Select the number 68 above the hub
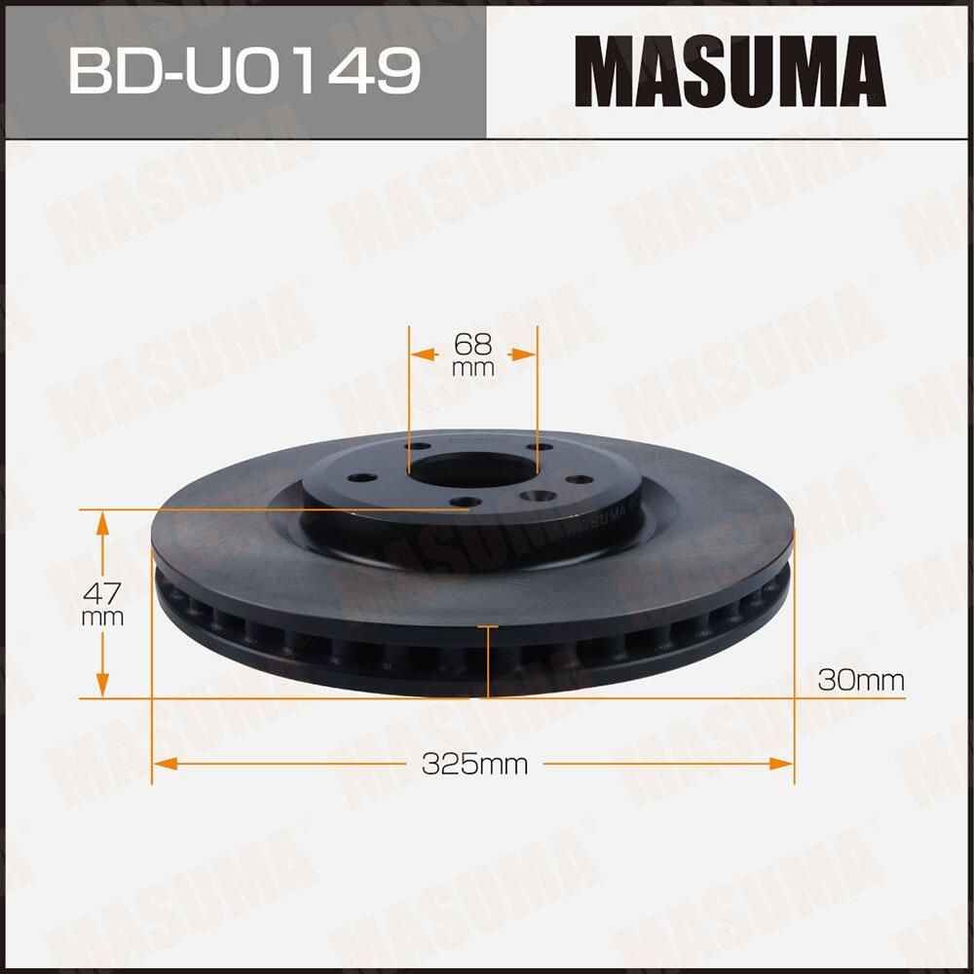[x=473, y=344]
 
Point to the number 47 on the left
[x=102, y=591]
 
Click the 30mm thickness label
[x=861, y=680]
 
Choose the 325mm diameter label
[x=474, y=765]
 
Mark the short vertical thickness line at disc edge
[x=486, y=661]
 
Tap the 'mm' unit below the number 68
[x=473, y=369]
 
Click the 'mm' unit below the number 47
[x=102, y=618]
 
